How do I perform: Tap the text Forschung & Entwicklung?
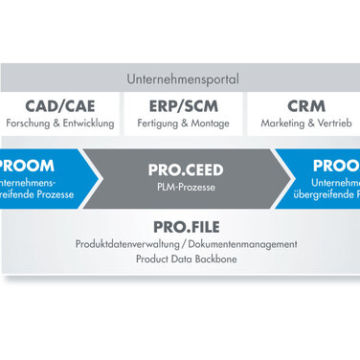(60, 124)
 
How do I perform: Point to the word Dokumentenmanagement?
(238, 245)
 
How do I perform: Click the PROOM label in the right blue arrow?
(334, 165)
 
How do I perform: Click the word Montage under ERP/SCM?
(209, 124)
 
